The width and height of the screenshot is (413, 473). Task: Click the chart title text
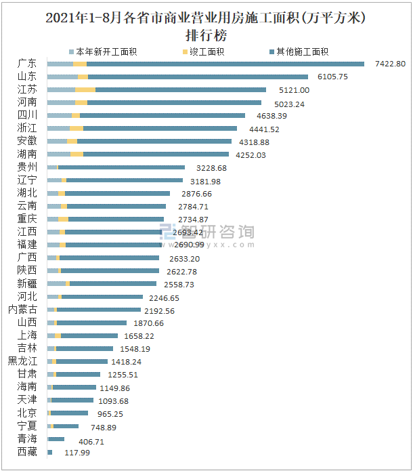click(x=206, y=26)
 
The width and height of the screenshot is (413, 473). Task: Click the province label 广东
click(x=28, y=64)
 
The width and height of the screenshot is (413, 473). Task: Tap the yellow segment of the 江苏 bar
click(x=85, y=89)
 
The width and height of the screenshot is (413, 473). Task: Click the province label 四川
click(x=28, y=115)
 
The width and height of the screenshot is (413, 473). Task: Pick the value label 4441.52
click(x=261, y=129)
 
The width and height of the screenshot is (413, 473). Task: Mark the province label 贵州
click(x=28, y=167)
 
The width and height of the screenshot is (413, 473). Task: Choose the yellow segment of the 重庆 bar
click(x=63, y=219)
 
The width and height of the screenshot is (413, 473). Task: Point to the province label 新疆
click(x=28, y=283)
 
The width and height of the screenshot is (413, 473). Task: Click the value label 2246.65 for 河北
click(x=166, y=297)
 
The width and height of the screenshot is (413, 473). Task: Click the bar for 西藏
click(x=49, y=452)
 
